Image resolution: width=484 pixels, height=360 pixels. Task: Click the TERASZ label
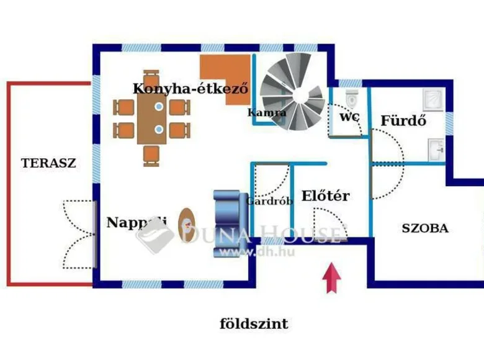tap(48, 164)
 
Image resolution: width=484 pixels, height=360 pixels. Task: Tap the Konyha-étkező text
tap(190, 89)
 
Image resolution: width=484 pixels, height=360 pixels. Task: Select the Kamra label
tap(267, 113)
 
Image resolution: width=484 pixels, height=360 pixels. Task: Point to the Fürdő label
tap(403, 120)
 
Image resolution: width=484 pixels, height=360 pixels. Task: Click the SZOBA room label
tap(425, 228)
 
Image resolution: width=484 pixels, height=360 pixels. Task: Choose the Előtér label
tap(325, 197)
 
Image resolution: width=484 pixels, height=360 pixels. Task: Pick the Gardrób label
tap(269, 201)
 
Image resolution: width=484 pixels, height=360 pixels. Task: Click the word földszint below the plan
tap(254, 324)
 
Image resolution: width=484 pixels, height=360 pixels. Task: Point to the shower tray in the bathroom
tap(432, 100)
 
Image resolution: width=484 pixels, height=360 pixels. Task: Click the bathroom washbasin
tap(436, 148)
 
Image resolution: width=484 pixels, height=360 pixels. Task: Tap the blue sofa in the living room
tap(231, 214)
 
